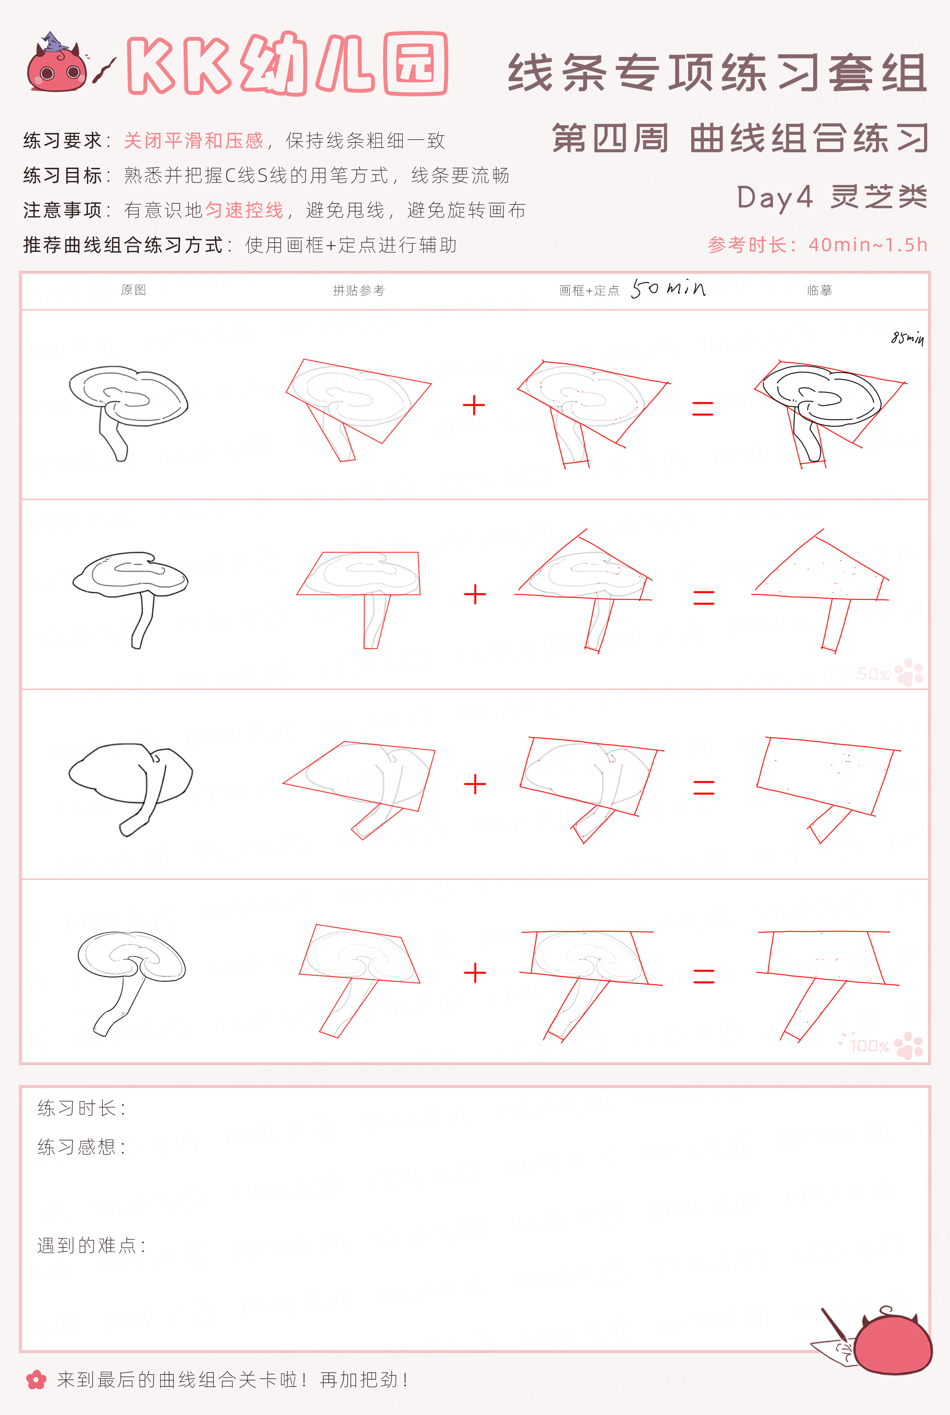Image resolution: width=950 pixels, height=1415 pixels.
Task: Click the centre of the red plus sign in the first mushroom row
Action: (x=474, y=405)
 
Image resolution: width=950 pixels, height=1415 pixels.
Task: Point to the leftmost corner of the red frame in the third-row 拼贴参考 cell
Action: (x=283, y=784)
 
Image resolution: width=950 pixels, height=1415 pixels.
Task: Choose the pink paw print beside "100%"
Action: (x=909, y=1045)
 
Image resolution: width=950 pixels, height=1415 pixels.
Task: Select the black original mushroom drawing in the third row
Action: (x=130, y=789)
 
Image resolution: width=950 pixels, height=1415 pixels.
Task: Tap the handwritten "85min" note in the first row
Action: (x=907, y=338)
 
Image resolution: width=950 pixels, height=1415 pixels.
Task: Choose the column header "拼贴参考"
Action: (x=359, y=291)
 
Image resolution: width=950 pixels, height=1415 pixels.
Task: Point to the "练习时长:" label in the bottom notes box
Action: (x=81, y=1108)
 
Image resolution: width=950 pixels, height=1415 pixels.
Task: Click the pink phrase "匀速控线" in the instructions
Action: (x=244, y=210)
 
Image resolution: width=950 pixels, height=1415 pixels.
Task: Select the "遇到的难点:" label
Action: (x=92, y=1246)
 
